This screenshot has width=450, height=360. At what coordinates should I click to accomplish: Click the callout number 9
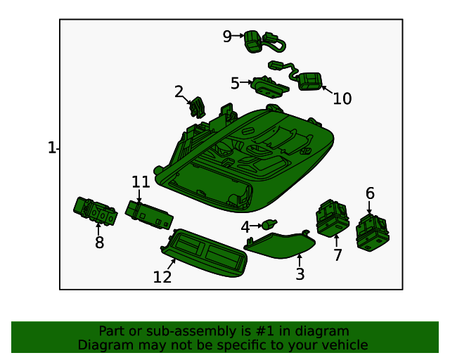point(227,37)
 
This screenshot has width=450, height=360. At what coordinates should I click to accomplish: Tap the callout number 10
point(342,98)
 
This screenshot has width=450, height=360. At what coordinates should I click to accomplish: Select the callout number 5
point(235,83)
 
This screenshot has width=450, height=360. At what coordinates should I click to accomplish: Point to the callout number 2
point(179,92)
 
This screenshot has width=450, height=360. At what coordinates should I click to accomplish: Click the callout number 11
point(141,182)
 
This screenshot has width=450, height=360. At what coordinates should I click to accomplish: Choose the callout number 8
point(99,243)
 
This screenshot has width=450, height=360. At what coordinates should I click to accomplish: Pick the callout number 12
point(162,277)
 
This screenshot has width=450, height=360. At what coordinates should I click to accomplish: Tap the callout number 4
point(245,227)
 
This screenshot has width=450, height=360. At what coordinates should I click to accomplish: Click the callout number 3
point(300,274)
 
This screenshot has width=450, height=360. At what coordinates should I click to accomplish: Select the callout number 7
point(337,255)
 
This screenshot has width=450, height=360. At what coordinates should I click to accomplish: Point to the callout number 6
point(370,193)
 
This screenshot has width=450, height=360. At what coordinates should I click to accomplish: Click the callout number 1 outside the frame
point(51,148)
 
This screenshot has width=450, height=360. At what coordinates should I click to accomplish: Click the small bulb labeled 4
point(269,224)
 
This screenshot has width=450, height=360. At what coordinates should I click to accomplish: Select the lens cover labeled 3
point(279,245)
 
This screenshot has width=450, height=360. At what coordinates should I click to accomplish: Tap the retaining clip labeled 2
point(198,107)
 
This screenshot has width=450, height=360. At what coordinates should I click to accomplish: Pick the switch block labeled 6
point(372,233)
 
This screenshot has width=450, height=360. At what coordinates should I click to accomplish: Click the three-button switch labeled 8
point(96,211)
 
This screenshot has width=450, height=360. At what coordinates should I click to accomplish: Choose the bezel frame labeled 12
point(204,253)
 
